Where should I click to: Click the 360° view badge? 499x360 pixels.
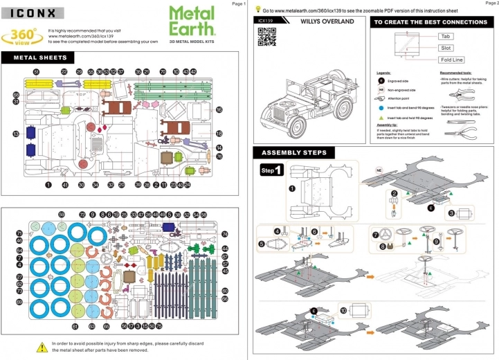click(24, 35)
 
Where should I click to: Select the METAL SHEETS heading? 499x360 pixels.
click(41, 57)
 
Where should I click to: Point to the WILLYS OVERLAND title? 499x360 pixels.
click(327, 21)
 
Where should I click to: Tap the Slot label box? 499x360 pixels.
click(446, 48)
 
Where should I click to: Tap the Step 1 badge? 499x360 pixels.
click(271, 170)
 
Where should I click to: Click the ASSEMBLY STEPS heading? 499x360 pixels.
click(294, 153)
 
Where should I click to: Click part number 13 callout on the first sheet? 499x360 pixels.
click(15, 134)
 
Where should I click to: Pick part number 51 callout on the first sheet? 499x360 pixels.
click(36, 72)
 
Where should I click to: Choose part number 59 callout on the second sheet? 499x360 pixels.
click(61, 215)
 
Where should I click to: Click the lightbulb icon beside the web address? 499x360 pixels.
click(258, 10)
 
